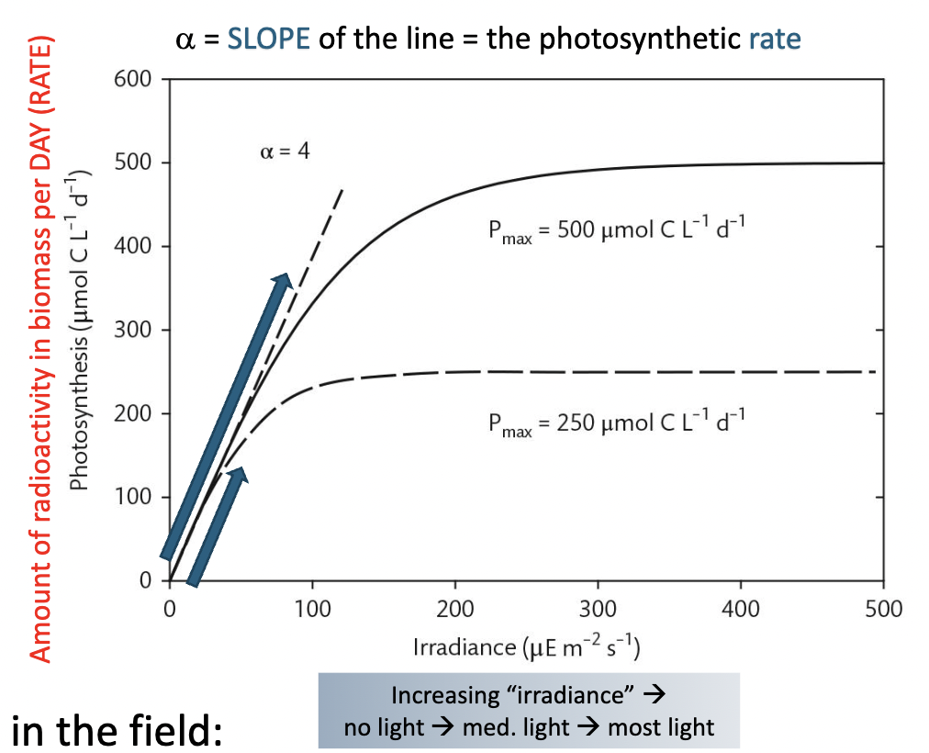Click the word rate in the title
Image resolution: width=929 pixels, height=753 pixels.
[x=773, y=39]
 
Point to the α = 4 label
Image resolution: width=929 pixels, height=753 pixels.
[x=284, y=151]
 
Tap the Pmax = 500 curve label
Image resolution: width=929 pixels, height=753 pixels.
[x=614, y=230]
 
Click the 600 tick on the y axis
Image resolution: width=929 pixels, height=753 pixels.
[x=132, y=80]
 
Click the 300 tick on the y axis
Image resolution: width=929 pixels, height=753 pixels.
[x=132, y=331]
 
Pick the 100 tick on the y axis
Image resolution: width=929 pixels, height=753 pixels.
[x=132, y=498]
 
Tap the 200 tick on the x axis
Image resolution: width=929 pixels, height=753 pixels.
[x=454, y=608]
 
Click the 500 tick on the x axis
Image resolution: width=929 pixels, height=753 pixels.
[x=883, y=608]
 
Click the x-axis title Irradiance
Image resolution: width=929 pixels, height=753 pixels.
[x=466, y=647]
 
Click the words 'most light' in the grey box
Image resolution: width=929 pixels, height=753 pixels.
[x=661, y=727]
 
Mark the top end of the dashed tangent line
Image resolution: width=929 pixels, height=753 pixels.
[x=342, y=189]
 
